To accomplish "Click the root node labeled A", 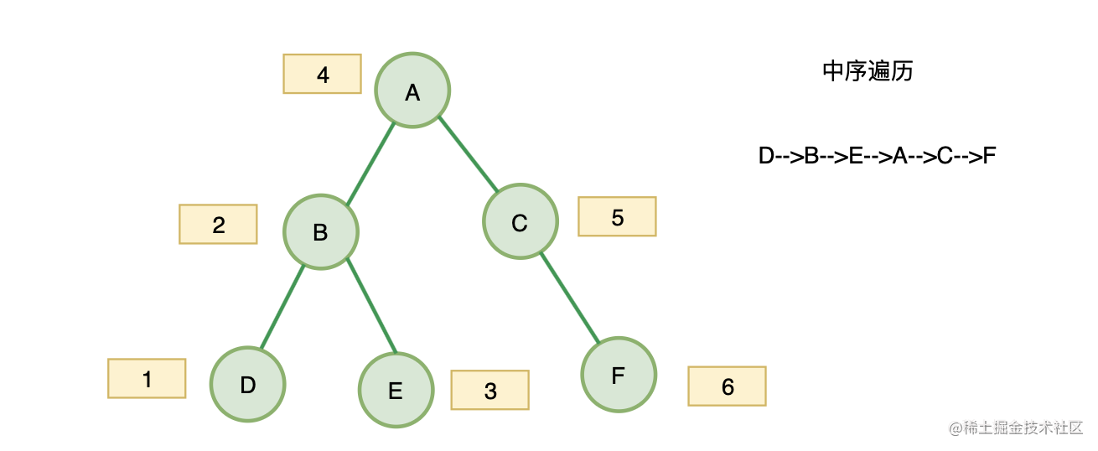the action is [412, 91].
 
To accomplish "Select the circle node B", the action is [320, 232].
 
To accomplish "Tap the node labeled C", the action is [520, 221].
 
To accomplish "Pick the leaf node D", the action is [247, 384].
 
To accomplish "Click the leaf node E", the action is [396, 390].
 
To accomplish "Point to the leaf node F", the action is [619, 375].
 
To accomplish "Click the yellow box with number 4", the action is [322, 74].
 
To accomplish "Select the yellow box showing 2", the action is [218, 225].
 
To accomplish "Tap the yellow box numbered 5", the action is [617, 216].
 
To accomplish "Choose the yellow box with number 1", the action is [147, 378].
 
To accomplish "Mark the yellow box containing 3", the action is [489, 390].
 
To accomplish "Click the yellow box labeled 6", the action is [727, 386].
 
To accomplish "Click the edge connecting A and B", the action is [370, 164].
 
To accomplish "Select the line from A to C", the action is [469, 154].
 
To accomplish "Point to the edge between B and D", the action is [282, 308].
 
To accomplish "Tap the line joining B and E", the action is [371, 306].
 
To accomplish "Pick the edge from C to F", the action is [570, 298].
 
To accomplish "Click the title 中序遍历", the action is [868, 71].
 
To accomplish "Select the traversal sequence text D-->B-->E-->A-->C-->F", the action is [877, 156].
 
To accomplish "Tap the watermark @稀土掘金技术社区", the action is [1016, 428].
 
